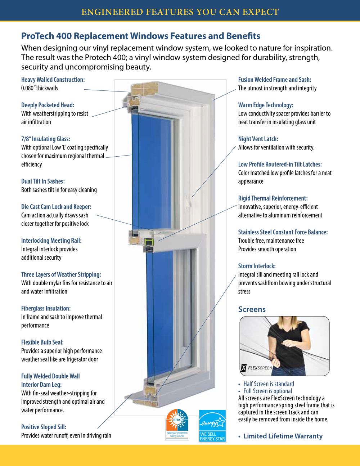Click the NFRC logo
click(x=177, y=424)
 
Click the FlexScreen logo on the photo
click(x=257, y=368)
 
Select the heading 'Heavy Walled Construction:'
click(x=53, y=80)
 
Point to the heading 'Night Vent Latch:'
click(x=258, y=139)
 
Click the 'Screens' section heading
click(x=252, y=309)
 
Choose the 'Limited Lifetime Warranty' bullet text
click(x=283, y=436)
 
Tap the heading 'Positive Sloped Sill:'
click(x=44, y=427)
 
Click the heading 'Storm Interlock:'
click(x=257, y=266)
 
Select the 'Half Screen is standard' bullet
click(x=269, y=384)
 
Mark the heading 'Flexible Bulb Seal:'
click(x=42, y=342)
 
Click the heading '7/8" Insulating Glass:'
click(x=45, y=139)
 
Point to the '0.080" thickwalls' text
click(x=40, y=88)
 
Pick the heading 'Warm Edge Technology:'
click(x=266, y=105)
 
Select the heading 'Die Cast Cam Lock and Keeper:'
click(x=56, y=207)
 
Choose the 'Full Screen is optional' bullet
click(x=267, y=391)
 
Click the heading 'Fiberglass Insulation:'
click(x=46, y=309)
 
